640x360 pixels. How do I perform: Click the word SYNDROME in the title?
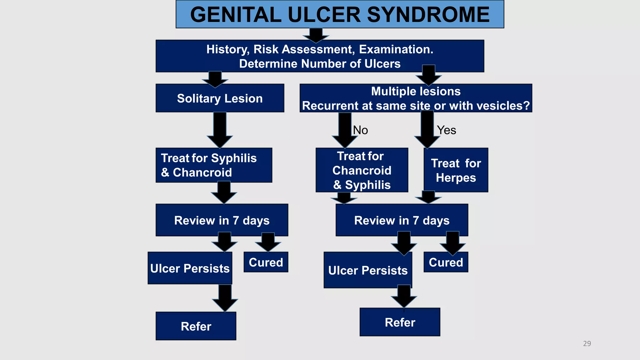pos(428,15)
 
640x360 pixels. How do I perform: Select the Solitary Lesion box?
pos(220,98)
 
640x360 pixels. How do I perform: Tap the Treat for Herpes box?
pos(456,170)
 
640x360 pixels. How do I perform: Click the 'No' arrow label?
pos(360,130)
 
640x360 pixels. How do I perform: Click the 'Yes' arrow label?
pos(446,130)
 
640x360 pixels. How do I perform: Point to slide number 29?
pos(587,343)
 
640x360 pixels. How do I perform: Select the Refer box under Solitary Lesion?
pos(196,326)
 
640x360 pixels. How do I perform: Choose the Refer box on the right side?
pos(400,322)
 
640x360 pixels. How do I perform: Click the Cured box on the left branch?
pos(266,262)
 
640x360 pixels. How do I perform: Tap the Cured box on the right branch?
pos(446,262)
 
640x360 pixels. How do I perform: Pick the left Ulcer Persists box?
pos(190,268)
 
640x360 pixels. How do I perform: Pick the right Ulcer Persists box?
pos(368,270)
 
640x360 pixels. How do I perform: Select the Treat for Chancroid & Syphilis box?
pos(362,170)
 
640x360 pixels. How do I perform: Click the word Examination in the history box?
pos(396,49)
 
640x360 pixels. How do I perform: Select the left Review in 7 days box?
pos(222,220)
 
